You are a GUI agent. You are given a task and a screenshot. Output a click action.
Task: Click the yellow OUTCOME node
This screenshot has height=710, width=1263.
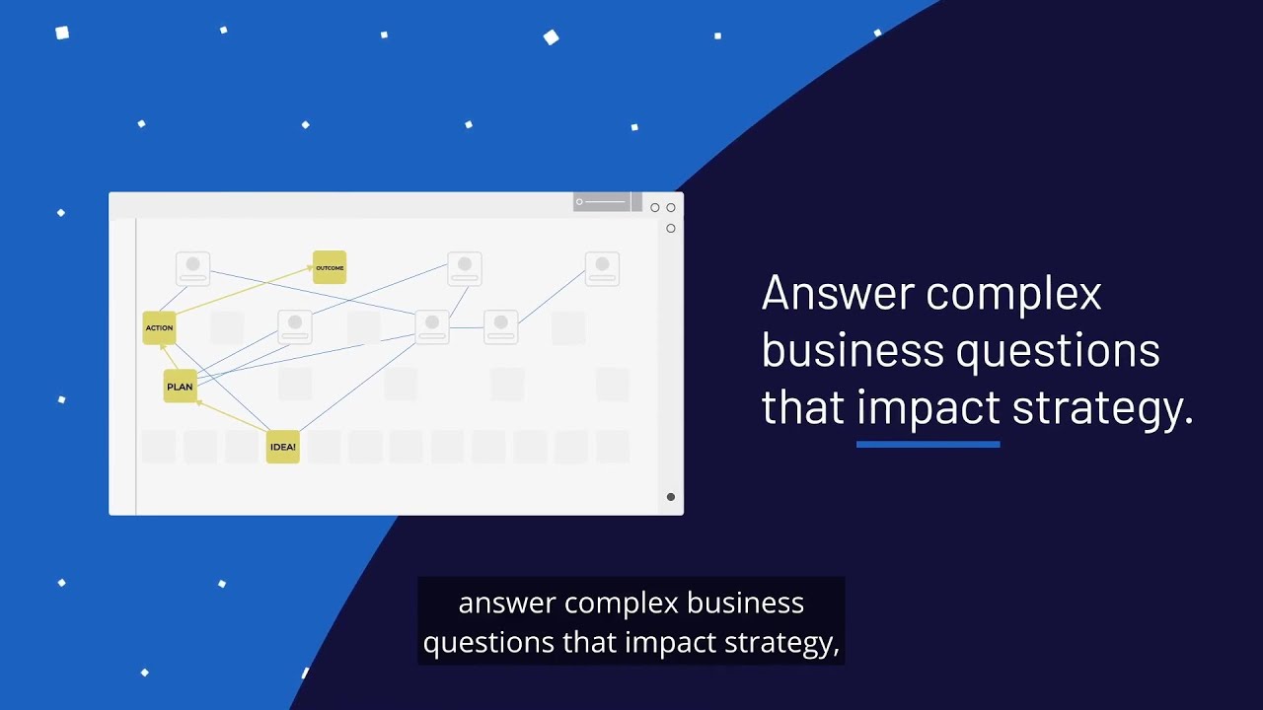pyautogui.click(x=330, y=267)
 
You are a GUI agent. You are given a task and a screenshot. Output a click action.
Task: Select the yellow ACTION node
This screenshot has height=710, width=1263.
pyautogui.click(x=159, y=327)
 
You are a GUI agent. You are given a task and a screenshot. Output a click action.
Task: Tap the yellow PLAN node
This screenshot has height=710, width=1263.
pyautogui.click(x=180, y=387)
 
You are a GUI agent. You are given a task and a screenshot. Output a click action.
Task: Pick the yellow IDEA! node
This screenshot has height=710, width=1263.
pyautogui.click(x=282, y=447)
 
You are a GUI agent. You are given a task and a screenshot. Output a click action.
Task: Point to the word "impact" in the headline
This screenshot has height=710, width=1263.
pyautogui.click(x=928, y=407)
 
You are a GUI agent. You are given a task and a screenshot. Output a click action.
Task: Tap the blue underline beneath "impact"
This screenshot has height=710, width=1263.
pyautogui.click(x=928, y=445)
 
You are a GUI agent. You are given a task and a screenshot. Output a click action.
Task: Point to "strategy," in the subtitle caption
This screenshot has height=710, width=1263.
pyautogui.click(x=781, y=643)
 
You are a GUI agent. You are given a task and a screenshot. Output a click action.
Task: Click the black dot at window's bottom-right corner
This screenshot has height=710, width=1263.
pyautogui.click(x=671, y=497)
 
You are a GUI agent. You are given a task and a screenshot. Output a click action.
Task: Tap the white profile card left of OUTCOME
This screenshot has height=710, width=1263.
pyautogui.click(x=192, y=268)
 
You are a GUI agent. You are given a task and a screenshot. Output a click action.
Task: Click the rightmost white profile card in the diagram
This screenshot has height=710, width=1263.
pyautogui.click(x=602, y=268)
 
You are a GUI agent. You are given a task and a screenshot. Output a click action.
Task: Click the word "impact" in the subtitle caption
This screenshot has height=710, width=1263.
pyautogui.click(x=671, y=643)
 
